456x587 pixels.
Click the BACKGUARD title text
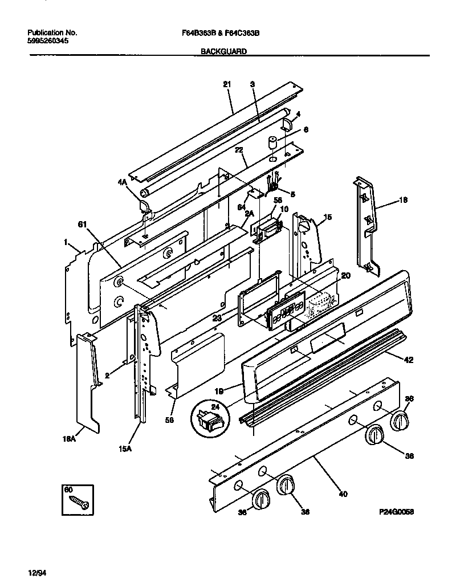click(223, 51)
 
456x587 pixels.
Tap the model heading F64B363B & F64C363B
click(216, 33)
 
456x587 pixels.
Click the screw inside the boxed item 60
click(77, 502)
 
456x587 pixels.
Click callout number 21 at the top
click(226, 84)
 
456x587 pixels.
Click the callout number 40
click(342, 494)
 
